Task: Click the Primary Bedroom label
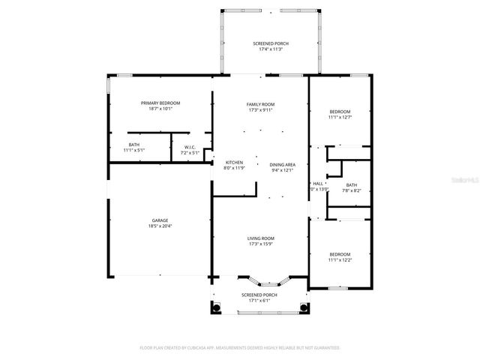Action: pyautogui.click(x=160, y=103)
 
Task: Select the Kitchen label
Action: pyautogui.click(x=234, y=163)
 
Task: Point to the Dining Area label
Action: pyautogui.click(x=283, y=165)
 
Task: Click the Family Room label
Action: pyautogui.click(x=261, y=104)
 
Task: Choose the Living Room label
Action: pyautogui.click(x=261, y=238)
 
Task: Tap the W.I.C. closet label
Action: pyautogui.click(x=190, y=147)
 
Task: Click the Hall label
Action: pyautogui.click(x=318, y=184)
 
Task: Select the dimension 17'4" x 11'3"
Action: pyautogui.click(x=270, y=50)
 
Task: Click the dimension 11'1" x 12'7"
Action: pyautogui.click(x=340, y=117)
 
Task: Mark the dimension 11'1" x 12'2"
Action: pyautogui.click(x=340, y=260)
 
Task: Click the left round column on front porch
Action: pyautogui.click(x=216, y=307)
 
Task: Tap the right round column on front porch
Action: pyautogui.click(x=304, y=307)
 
